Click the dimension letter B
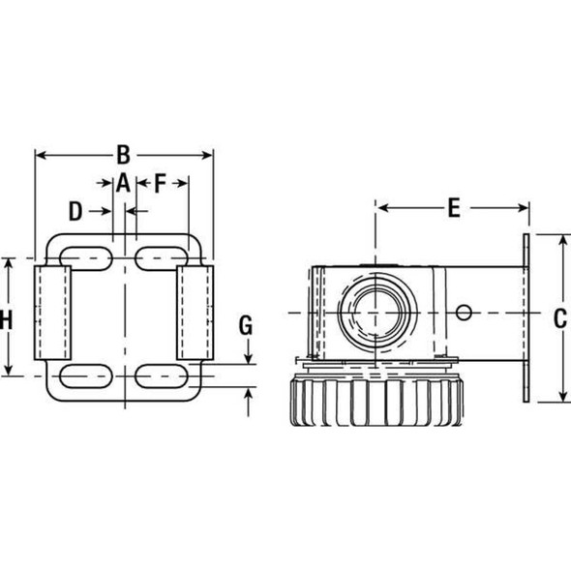[123, 154]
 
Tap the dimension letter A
[123, 181]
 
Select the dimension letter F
[160, 181]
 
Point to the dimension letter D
[76, 209]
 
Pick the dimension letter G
[248, 325]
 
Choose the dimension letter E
[451, 206]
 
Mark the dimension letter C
[559, 316]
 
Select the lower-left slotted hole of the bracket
[85, 375]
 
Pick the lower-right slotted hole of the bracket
[162, 375]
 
